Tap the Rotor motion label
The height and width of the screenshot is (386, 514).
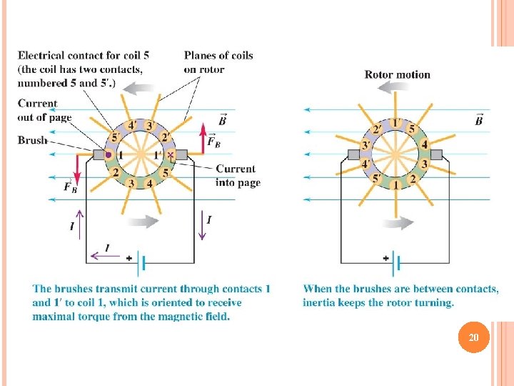point(397,74)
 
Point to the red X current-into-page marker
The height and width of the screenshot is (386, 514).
point(171,154)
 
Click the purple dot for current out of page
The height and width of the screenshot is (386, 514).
point(109,154)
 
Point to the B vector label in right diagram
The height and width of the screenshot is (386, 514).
point(478,120)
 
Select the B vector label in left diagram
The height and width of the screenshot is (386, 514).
point(222,120)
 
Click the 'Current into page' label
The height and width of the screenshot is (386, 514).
point(236,176)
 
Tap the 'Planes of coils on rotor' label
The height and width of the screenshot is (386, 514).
point(218,62)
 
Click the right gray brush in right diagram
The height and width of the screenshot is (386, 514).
point(435,154)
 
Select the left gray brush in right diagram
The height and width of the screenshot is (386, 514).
point(352,154)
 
